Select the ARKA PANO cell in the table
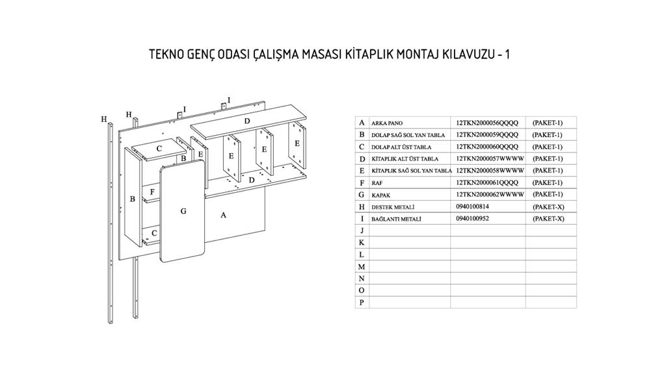tap(387, 123)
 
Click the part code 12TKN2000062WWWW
tap(490, 194)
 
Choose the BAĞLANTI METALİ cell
tap(396, 219)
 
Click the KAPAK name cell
tap(381, 195)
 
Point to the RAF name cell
tap(377, 182)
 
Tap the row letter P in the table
tap(362, 303)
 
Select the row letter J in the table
tap(362, 231)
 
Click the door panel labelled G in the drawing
tap(183, 212)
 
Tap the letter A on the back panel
tap(223, 215)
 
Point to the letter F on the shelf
tap(152, 192)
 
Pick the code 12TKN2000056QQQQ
tap(487, 123)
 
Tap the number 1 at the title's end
tap(507, 55)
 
